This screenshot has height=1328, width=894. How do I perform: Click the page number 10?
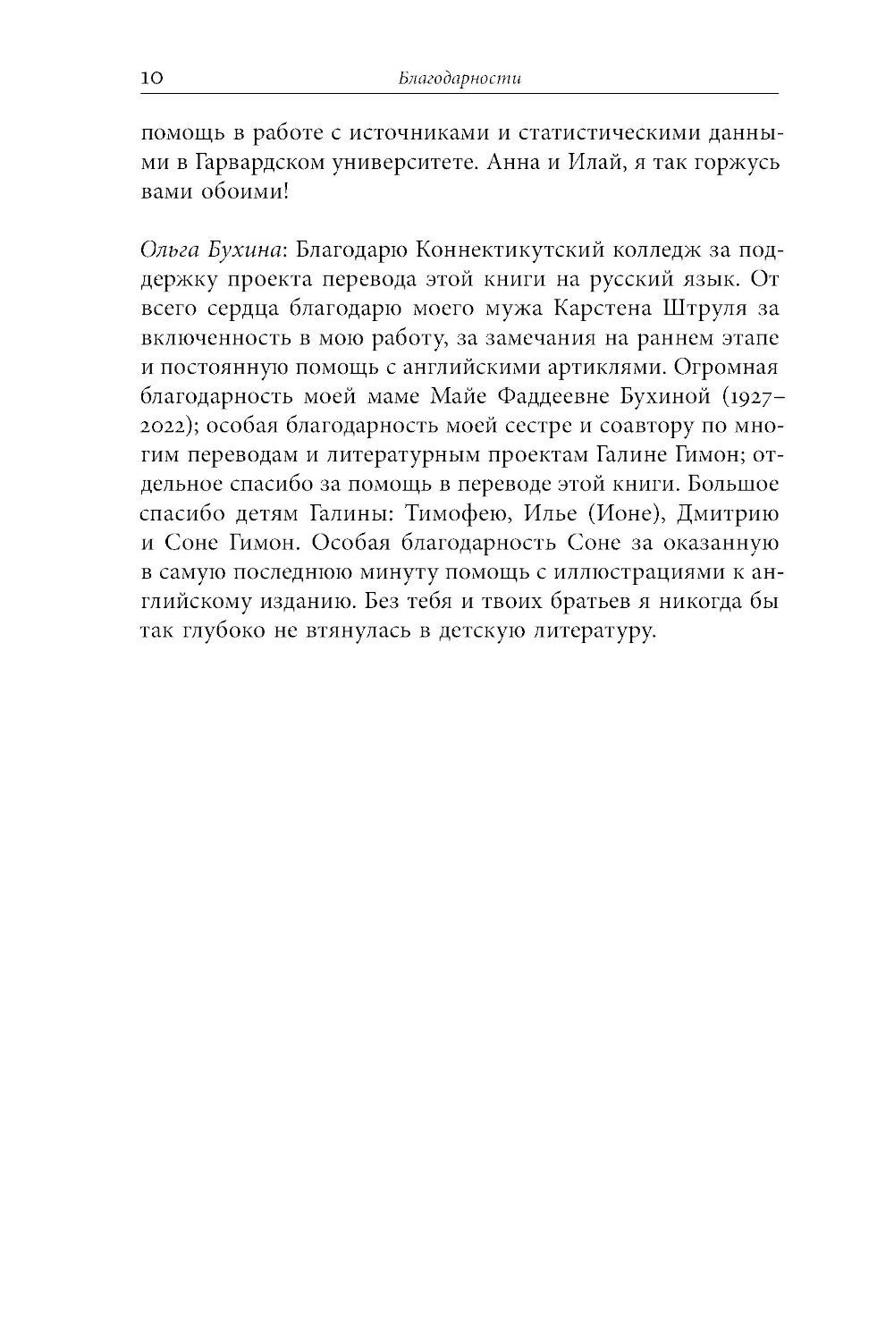click(150, 79)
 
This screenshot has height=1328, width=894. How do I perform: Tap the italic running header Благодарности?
click(460, 79)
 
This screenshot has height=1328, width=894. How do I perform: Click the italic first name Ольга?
click(167, 251)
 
